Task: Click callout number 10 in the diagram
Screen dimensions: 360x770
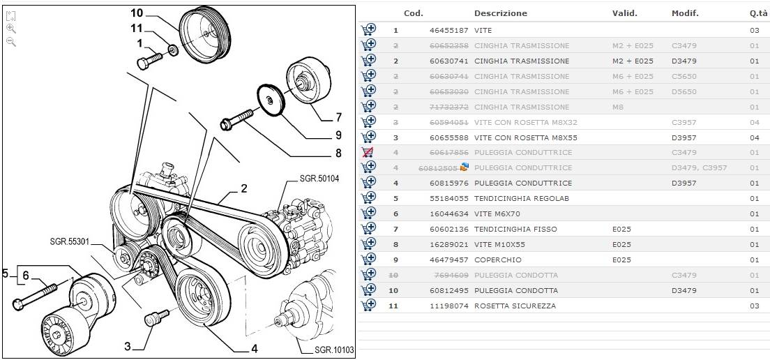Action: pyautogui.click(x=137, y=13)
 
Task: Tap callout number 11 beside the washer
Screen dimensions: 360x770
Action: pyautogui.click(x=136, y=29)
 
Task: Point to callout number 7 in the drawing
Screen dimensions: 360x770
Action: pyautogui.click(x=338, y=117)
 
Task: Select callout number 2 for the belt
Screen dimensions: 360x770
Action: pyautogui.click(x=244, y=188)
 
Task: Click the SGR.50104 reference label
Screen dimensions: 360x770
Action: pyautogui.click(x=319, y=179)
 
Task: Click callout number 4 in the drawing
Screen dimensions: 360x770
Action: pyautogui.click(x=254, y=349)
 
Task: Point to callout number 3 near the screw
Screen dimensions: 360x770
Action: pyautogui.click(x=128, y=346)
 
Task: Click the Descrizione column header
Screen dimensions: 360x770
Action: pyautogui.click(x=500, y=13)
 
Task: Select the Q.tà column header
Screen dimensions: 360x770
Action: pyautogui.click(x=758, y=13)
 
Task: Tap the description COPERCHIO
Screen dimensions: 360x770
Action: pyautogui.click(x=497, y=260)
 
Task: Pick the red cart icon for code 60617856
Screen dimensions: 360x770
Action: pyautogui.click(x=368, y=152)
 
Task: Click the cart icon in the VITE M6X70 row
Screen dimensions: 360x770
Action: pyautogui.click(x=368, y=213)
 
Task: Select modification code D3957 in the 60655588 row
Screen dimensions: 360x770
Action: pyautogui.click(x=684, y=137)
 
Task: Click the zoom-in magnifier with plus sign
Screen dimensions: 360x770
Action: pyautogui.click(x=11, y=29)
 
